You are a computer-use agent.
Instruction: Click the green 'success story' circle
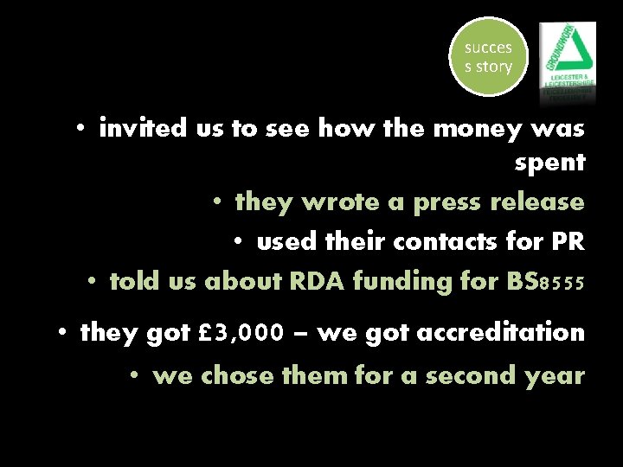pyautogui.click(x=488, y=57)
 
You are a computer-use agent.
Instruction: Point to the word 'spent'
pyautogui.click(x=549, y=163)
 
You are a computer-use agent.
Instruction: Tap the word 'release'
pyautogui.click(x=536, y=202)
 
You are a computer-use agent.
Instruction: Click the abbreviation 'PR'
pyautogui.click(x=568, y=242)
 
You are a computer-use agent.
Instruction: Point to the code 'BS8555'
pyautogui.click(x=536, y=282)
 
